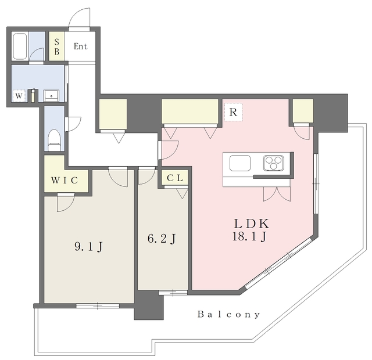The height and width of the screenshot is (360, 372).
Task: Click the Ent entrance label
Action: pos(81,46)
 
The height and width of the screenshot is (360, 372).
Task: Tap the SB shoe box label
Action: pos(57,46)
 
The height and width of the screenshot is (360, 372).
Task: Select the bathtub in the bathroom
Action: pos(20,46)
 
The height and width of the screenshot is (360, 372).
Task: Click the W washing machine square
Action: pos(19,96)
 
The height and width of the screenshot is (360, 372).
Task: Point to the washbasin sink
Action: pos(51,96)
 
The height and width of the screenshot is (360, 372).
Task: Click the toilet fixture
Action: pos(55,140)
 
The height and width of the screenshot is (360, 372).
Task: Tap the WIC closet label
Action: pos(65,181)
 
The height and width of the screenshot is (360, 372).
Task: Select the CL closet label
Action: pos(175,178)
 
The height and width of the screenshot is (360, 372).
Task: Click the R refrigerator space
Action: pos(234,112)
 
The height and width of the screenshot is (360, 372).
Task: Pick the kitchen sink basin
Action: pos(240,163)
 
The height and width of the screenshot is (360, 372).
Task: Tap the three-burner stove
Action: pos(274,163)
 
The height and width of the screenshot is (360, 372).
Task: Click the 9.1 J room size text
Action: pos(88,247)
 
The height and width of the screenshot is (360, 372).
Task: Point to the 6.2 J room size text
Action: pos(162,239)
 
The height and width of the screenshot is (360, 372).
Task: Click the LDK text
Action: pos(252,224)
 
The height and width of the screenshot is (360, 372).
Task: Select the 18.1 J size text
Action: pos(249,236)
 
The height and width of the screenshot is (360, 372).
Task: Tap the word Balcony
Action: pos(228,315)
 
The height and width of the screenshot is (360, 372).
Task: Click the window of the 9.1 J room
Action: pos(98,306)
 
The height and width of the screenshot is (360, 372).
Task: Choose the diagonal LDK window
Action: pos(278,263)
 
